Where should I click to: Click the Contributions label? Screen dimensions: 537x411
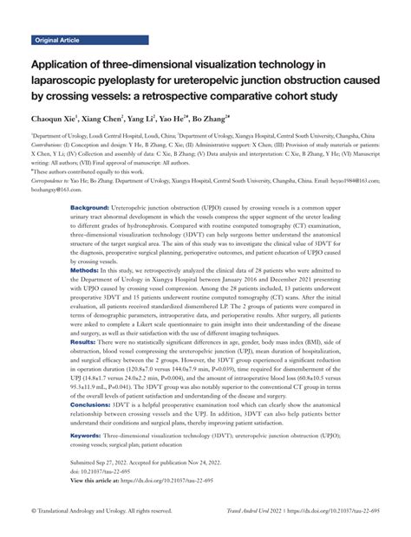point(49,144)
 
